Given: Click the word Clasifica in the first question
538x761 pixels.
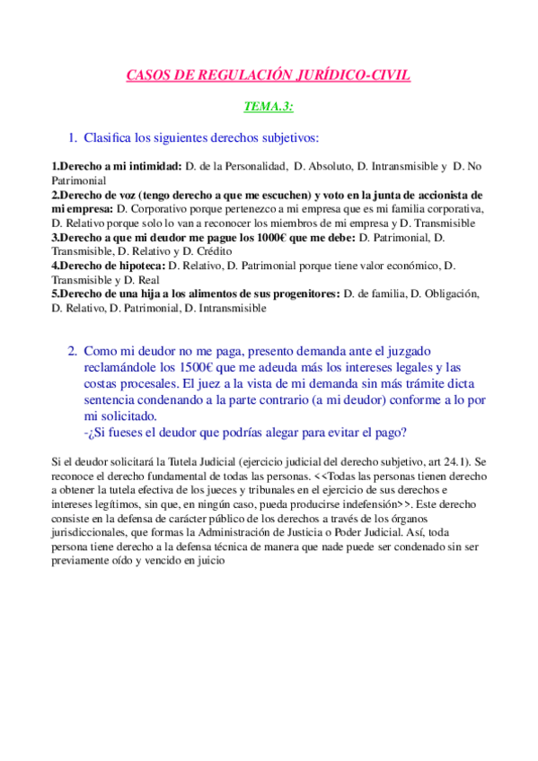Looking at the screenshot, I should (110, 138).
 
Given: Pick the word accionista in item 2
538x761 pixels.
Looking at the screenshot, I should (441, 195).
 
